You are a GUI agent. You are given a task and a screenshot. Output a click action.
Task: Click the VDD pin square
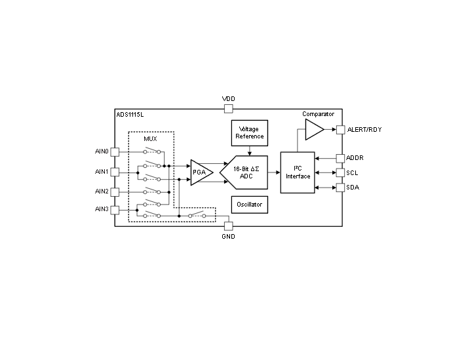point(228,109)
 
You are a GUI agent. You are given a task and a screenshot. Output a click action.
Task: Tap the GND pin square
point(228,226)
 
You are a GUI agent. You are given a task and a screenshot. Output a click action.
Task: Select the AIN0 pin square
point(115,152)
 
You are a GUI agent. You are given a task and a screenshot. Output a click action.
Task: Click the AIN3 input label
point(102,209)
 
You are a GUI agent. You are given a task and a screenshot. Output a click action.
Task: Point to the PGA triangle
point(201,172)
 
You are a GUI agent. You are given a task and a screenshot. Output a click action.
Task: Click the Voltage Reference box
point(250,133)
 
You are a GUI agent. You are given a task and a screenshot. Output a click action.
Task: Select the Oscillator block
point(250,205)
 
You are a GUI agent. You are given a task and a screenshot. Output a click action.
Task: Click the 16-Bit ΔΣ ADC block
point(244,172)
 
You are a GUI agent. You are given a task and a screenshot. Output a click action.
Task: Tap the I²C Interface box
point(298,172)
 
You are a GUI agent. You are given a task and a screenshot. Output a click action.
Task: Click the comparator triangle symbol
point(313,130)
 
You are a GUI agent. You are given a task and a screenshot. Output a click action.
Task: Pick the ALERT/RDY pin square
point(341,130)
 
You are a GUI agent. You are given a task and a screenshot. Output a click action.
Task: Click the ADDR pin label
point(355,158)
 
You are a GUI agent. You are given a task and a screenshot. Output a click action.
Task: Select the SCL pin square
point(341,172)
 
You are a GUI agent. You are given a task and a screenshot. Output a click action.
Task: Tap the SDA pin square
point(341,188)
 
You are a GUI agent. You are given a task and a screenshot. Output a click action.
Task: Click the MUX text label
point(150,139)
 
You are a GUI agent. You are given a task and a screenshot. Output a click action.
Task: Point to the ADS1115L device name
point(130,115)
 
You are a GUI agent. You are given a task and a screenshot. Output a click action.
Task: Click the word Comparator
point(318,114)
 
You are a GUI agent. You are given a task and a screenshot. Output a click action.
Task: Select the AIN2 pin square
point(115,192)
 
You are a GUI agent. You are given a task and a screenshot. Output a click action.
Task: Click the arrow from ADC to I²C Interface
point(274,172)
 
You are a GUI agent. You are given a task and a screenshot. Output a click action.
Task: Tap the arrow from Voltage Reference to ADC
point(250,151)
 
